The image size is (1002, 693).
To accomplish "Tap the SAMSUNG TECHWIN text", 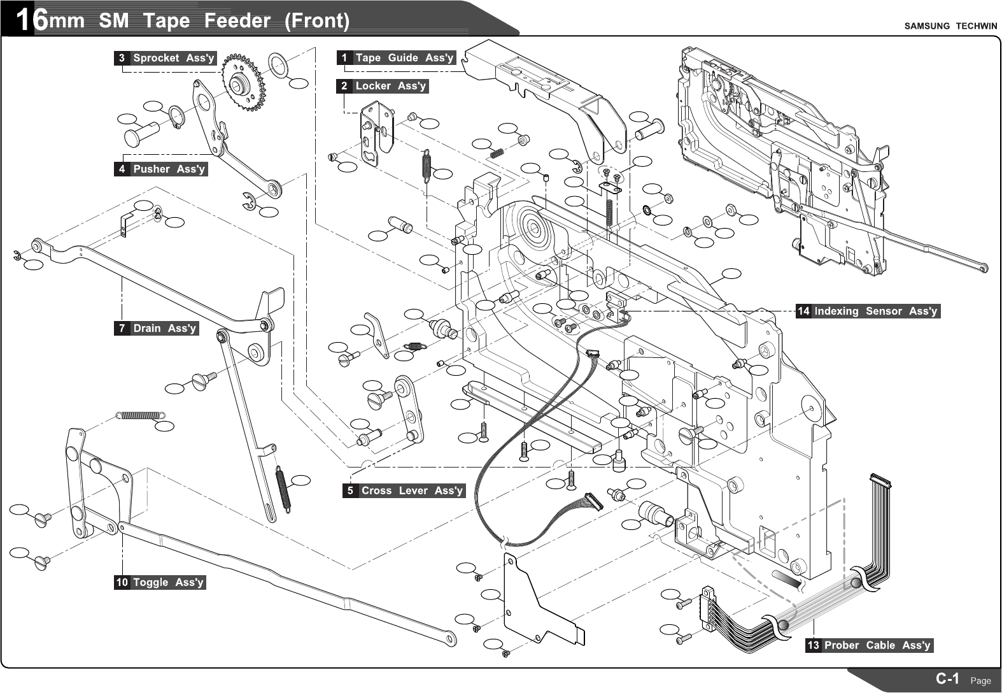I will (x=950, y=26).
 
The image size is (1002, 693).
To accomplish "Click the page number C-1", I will (x=947, y=678).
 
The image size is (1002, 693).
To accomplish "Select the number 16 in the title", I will (x=31, y=20).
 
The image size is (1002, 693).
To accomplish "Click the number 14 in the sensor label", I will (x=803, y=311).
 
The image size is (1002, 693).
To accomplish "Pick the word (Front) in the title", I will (x=317, y=21).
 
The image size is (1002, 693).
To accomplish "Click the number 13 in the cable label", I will (x=813, y=645).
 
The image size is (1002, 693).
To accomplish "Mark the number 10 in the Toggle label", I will (x=122, y=582).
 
